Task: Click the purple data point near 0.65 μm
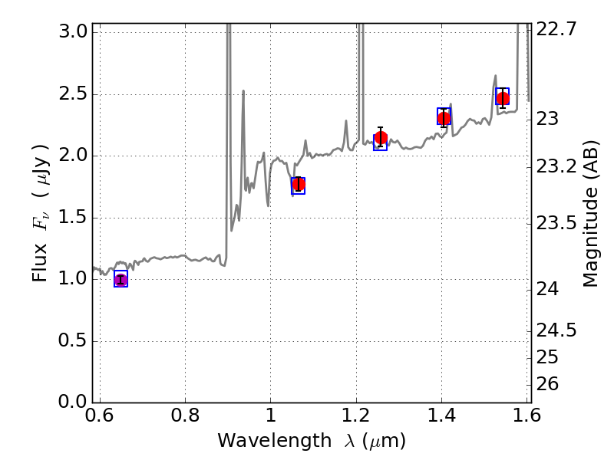click(120, 280)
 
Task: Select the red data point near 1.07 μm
click(299, 184)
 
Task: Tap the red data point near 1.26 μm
click(381, 138)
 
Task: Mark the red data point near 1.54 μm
click(503, 98)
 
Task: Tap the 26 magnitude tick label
click(553, 383)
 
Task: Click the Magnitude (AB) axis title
click(590, 213)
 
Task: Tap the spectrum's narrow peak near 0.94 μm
click(243, 91)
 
